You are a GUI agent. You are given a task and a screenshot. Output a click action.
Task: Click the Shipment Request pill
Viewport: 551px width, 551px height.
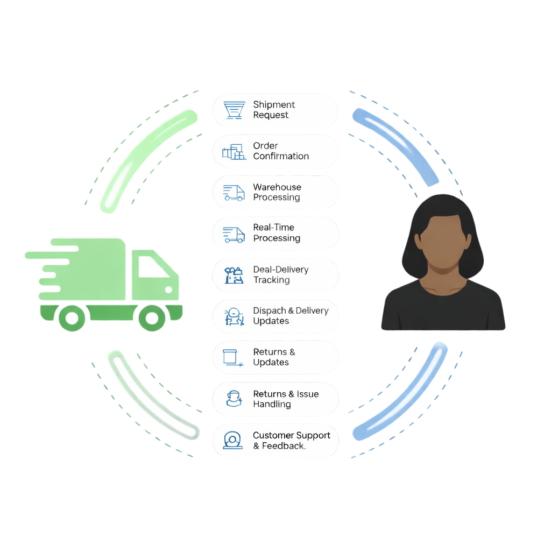click(275, 110)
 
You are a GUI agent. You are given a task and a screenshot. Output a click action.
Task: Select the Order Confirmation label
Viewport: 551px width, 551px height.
click(281, 151)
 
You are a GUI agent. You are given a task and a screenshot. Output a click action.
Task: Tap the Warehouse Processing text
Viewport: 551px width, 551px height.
click(277, 192)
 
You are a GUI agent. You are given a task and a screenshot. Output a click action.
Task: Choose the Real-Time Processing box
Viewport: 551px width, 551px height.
click(275, 233)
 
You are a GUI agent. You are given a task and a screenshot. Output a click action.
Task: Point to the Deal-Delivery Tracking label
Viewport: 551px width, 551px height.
click(280, 274)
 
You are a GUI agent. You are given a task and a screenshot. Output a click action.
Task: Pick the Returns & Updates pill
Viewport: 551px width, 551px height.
click(275, 357)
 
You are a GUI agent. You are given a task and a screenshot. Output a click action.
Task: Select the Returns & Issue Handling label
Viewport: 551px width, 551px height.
click(286, 399)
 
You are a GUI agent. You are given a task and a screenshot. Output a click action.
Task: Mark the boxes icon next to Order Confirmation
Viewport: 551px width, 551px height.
click(234, 152)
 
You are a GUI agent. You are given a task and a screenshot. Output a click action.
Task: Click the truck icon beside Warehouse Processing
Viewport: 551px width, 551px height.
click(234, 193)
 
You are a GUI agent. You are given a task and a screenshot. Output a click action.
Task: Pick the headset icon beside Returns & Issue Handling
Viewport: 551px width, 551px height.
click(234, 399)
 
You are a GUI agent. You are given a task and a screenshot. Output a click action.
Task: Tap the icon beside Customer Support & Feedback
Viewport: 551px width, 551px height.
click(233, 440)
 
